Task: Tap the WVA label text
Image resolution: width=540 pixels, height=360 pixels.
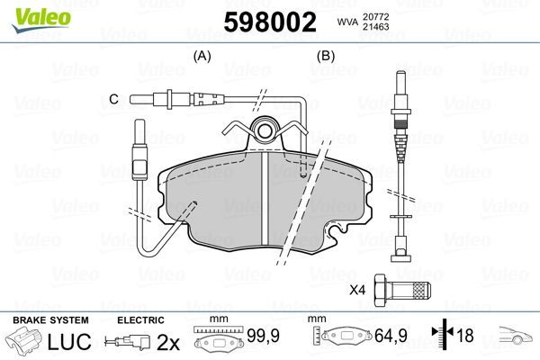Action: click(346, 23)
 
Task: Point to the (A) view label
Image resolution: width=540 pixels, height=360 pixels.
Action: click(202, 56)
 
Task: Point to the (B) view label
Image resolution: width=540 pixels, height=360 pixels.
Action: click(325, 56)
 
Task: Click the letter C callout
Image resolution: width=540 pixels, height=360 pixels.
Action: click(113, 98)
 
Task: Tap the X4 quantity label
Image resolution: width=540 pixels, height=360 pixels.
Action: click(357, 290)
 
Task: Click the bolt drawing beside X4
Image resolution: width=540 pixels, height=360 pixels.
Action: click(402, 289)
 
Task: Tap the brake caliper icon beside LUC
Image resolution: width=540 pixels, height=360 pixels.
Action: click(26, 343)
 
